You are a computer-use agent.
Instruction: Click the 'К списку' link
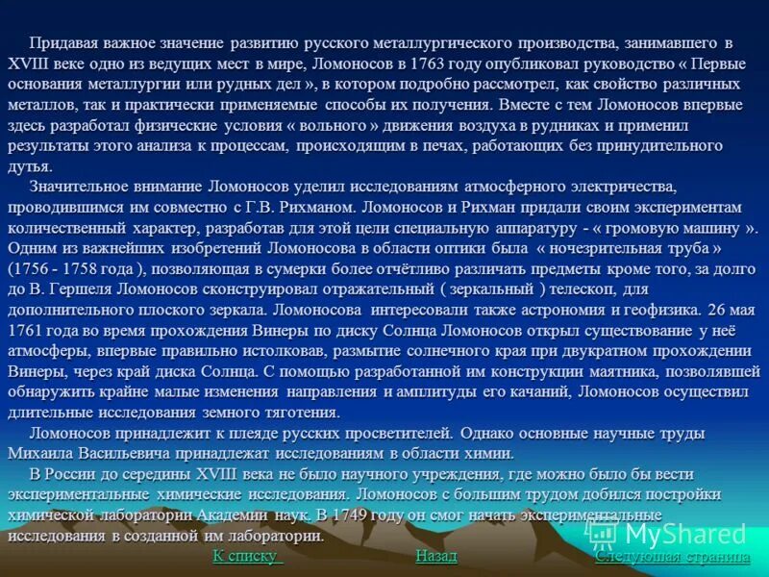[246, 556]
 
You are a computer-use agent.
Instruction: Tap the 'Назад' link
[436, 556]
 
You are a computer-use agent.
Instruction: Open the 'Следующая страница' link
[672, 556]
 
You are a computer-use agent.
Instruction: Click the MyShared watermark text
[683, 535]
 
